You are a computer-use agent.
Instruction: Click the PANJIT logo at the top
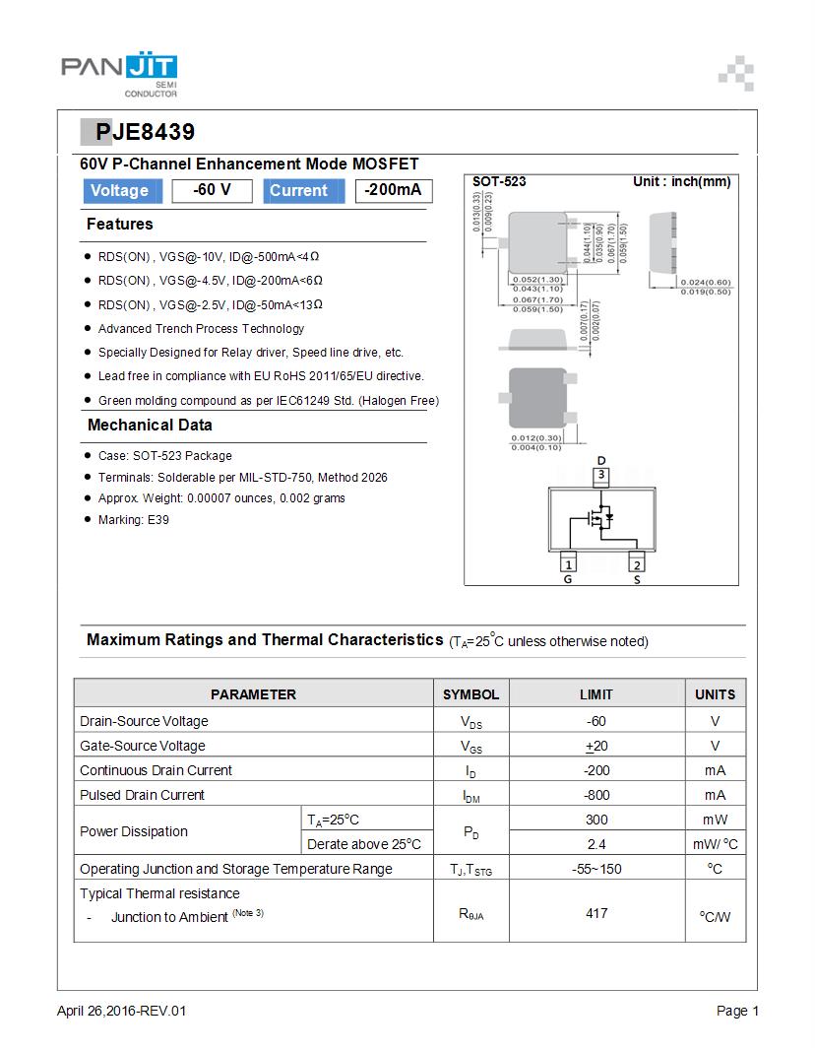point(119,73)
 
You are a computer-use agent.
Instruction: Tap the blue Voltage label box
point(119,191)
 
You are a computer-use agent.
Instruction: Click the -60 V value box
point(212,191)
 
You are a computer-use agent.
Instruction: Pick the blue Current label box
point(298,191)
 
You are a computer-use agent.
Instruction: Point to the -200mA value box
point(393,191)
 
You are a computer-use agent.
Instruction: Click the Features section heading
point(120,225)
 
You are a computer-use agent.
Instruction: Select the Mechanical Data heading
point(150,426)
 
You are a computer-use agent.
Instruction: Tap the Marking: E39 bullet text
point(133,519)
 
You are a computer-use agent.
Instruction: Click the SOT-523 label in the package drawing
point(499,182)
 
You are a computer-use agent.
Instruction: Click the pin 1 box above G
point(568,564)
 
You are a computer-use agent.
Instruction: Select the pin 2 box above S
point(637,564)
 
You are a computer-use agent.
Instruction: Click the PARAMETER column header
point(253,694)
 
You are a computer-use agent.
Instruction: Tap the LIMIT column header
point(596,694)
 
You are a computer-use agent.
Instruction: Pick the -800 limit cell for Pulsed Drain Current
point(596,795)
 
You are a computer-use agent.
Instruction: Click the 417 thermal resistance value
point(596,913)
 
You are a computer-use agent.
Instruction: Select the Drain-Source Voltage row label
point(144,721)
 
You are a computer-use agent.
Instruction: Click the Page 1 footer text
point(737,1011)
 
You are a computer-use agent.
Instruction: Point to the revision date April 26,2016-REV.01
point(121,1011)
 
